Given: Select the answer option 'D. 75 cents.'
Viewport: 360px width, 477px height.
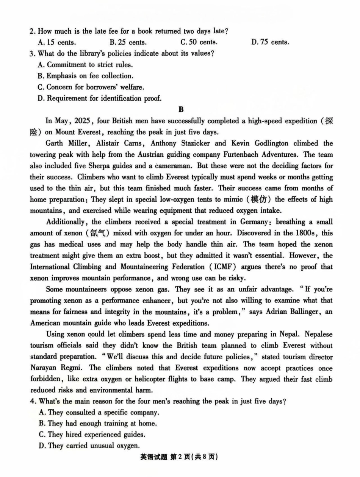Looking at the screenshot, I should pyautogui.click(x=270, y=42).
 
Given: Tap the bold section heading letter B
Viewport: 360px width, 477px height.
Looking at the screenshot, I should pyautogui.click(x=181, y=109).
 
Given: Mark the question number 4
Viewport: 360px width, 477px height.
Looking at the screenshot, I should pyautogui.click(x=32, y=402).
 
